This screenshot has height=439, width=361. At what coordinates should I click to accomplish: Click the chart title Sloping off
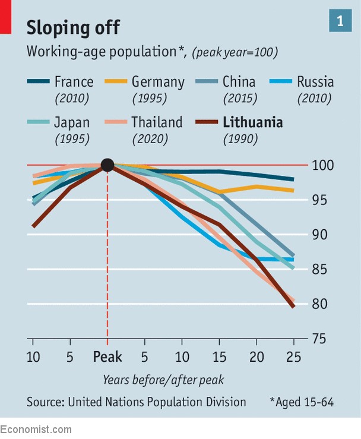pos(73,27)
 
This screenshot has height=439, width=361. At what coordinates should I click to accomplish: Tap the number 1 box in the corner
pos(340,21)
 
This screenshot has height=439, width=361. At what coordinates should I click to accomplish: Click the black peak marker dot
pos(107,165)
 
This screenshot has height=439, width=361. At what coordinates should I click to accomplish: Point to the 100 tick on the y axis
pos(321,165)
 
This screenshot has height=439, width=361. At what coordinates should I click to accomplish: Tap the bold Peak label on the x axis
pos(107,357)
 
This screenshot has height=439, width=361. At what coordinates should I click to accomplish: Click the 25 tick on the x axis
pos(293,357)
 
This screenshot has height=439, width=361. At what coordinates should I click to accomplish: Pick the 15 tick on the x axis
pos(219,357)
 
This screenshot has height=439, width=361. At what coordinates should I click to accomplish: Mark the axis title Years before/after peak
pos(163,380)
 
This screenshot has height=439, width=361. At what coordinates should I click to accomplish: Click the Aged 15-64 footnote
pos(302,402)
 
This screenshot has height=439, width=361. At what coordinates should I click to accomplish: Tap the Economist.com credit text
pos(36,429)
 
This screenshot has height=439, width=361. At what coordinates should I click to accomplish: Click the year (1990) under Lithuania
pos(240,140)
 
